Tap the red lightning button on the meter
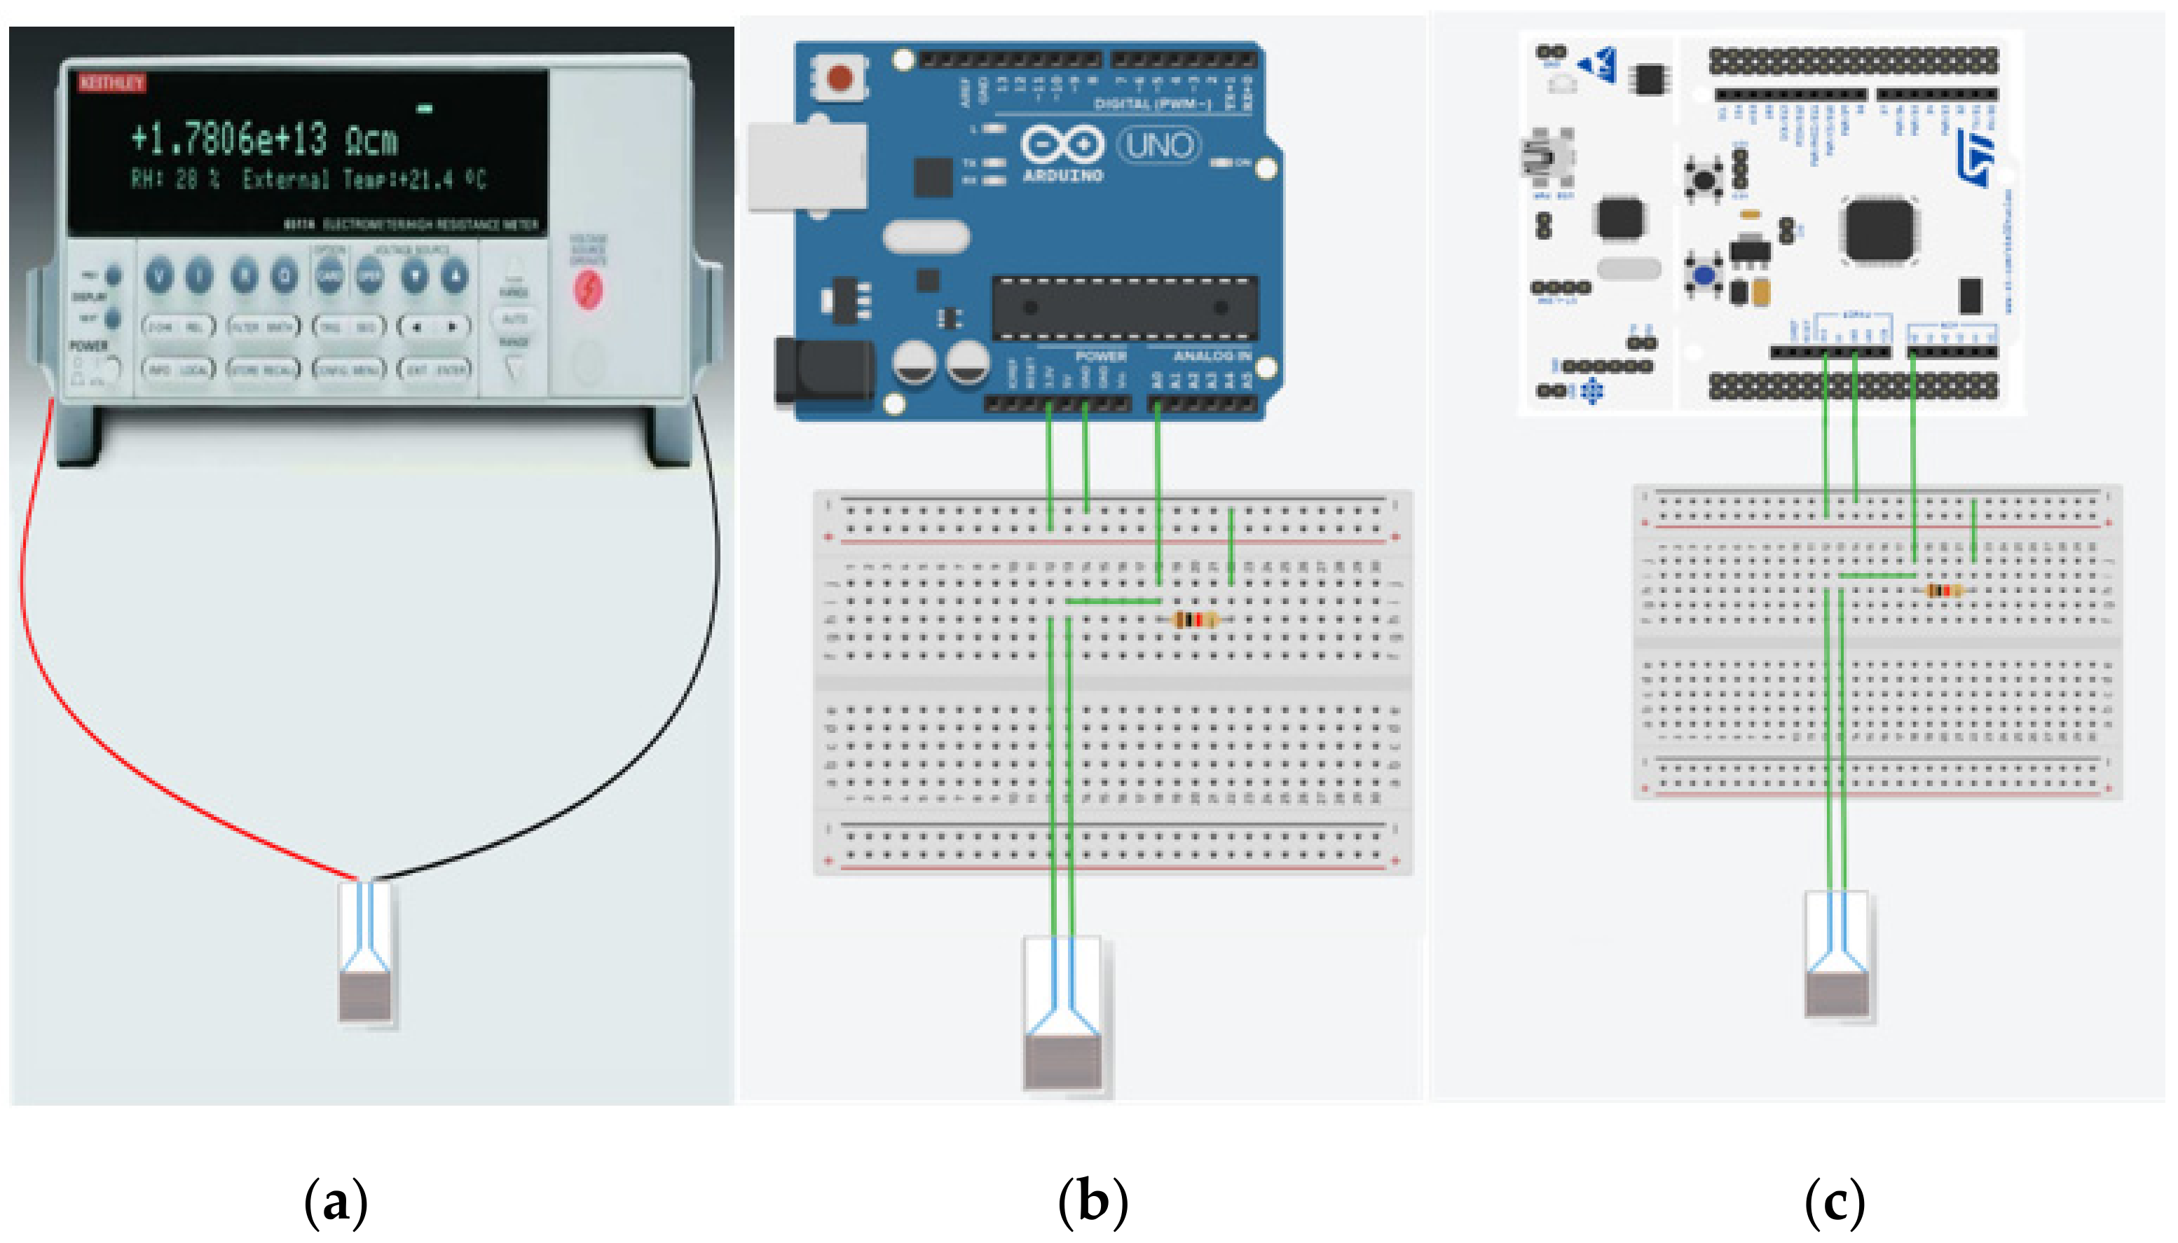click(x=588, y=289)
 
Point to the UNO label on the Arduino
click(x=1158, y=146)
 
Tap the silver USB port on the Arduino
click(x=807, y=167)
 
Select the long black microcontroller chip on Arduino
click(x=1125, y=308)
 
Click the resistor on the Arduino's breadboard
click(x=1196, y=620)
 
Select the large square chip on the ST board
click(x=1878, y=230)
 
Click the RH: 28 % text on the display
click(x=176, y=180)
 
